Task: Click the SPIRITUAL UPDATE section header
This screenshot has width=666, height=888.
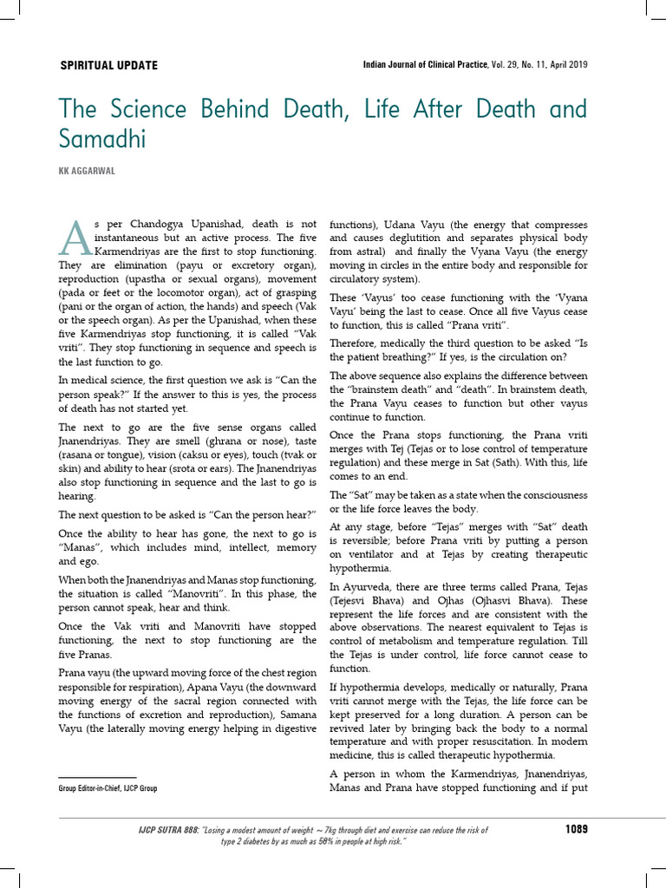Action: point(108,66)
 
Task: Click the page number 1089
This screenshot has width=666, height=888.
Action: point(577,829)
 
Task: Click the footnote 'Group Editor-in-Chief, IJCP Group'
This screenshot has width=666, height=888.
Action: point(108,788)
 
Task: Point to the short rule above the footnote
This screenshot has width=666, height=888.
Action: point(97,777)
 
